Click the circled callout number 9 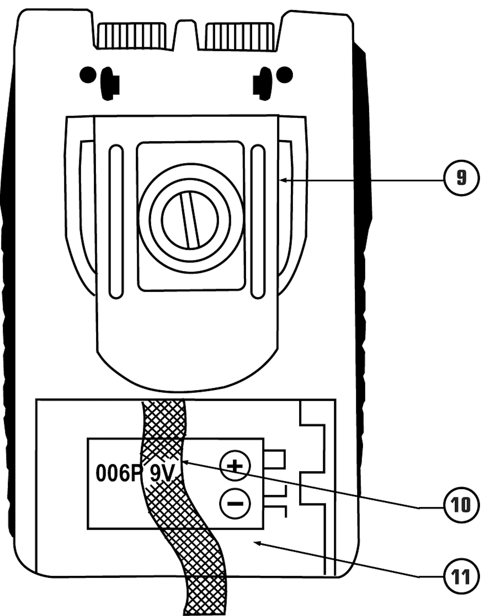(x=461, y=178)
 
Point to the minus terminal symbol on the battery (x=235, y=503)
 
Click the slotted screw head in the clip (x=190, y=220)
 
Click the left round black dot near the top (x=88, y=74)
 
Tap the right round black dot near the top (x=285, y=74)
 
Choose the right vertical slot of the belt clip (x=258, y=221)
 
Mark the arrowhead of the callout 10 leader (x=185, y=462)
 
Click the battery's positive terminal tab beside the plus (x=275, y=459)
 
